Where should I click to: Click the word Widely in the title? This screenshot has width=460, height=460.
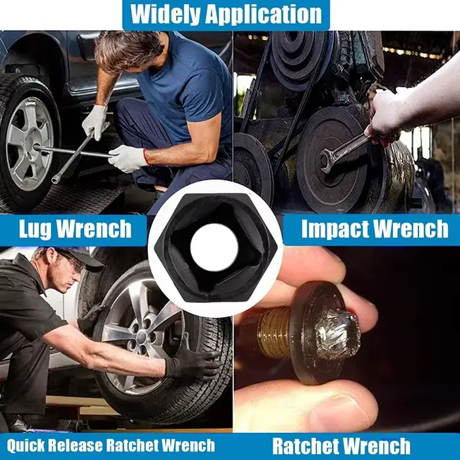click(x=165, y=14)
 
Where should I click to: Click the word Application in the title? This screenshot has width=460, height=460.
click(x=264, y=14)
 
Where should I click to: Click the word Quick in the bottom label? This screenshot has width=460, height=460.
click(x=26, y=446)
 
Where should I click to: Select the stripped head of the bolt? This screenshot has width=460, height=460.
click(x=338, y=336)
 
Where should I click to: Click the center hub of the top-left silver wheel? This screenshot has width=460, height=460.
click(x=37, y=147)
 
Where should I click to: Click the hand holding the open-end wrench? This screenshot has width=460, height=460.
click(x=384, y=117)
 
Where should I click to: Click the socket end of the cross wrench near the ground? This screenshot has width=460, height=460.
click(x=55, y=179)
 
